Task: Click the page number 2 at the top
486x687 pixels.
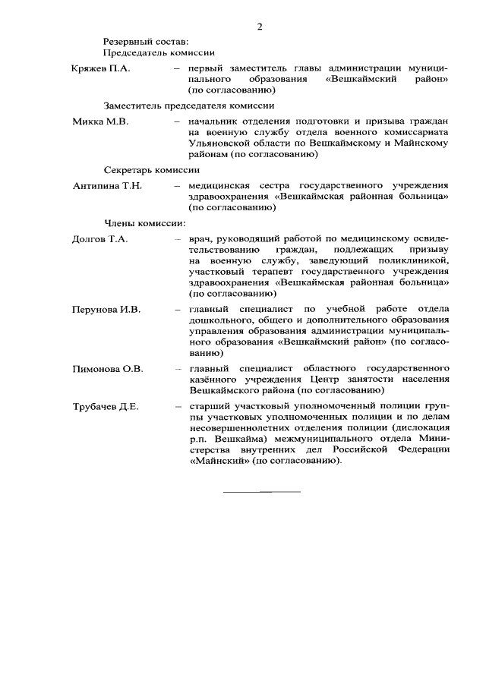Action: [260, 27]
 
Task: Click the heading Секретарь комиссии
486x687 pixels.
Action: [152, 170]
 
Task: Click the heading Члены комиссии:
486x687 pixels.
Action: [145, 222]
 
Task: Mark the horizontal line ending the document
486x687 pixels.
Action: [261, 492]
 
